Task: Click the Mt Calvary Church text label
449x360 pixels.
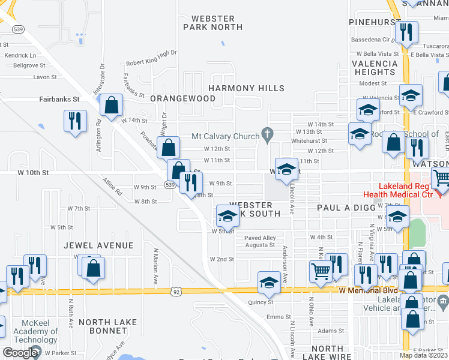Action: coord(225,136)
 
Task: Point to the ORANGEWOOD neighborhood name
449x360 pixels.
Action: coord(182,98)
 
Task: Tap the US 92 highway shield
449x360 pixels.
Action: coord(176,292)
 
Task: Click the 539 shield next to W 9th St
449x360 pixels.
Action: coord(171,185)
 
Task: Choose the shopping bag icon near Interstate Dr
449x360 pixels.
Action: coord(112,106)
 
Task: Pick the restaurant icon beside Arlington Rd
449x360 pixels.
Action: coord(75,121)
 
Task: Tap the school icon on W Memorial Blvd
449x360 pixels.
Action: coord(269,283)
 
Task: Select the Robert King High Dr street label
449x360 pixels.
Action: coord(151,62)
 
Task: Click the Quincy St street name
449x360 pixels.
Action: coord(261,302)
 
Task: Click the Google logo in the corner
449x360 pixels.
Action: coord(20,353)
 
